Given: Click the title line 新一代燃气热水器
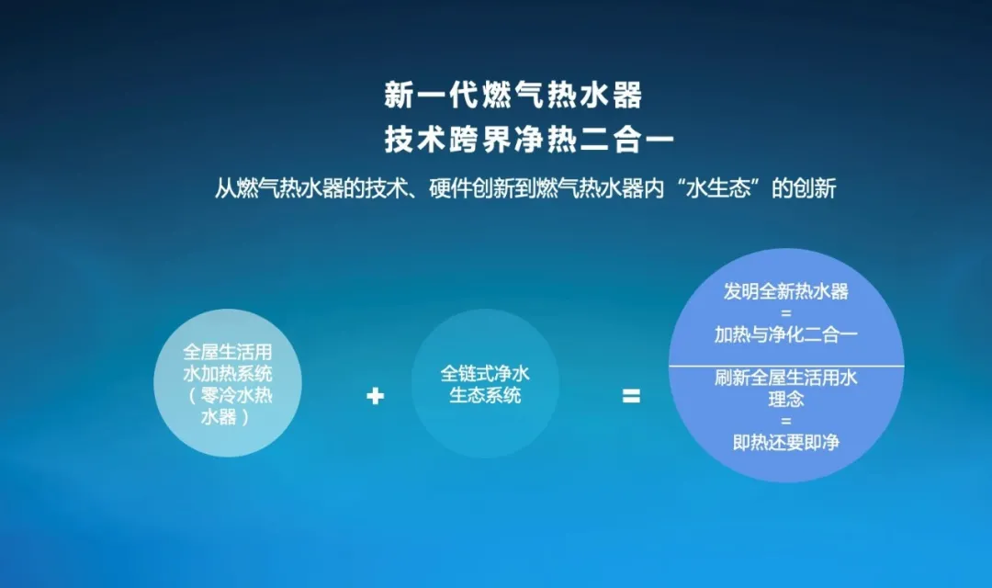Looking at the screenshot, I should (513, 96).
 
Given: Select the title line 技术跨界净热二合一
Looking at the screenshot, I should (529, 141).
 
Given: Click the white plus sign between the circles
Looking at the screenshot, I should (375, 397).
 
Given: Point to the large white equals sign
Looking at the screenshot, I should (631, 397).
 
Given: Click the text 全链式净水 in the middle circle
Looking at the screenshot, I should (485, 375).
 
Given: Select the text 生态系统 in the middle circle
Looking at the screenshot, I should (485, 396).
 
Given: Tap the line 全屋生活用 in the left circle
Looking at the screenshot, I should (227, 353).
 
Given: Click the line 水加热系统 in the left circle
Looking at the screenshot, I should (227, 374).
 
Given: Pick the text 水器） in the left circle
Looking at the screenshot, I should (227, 417).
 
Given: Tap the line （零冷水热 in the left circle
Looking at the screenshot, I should (227, 396).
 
